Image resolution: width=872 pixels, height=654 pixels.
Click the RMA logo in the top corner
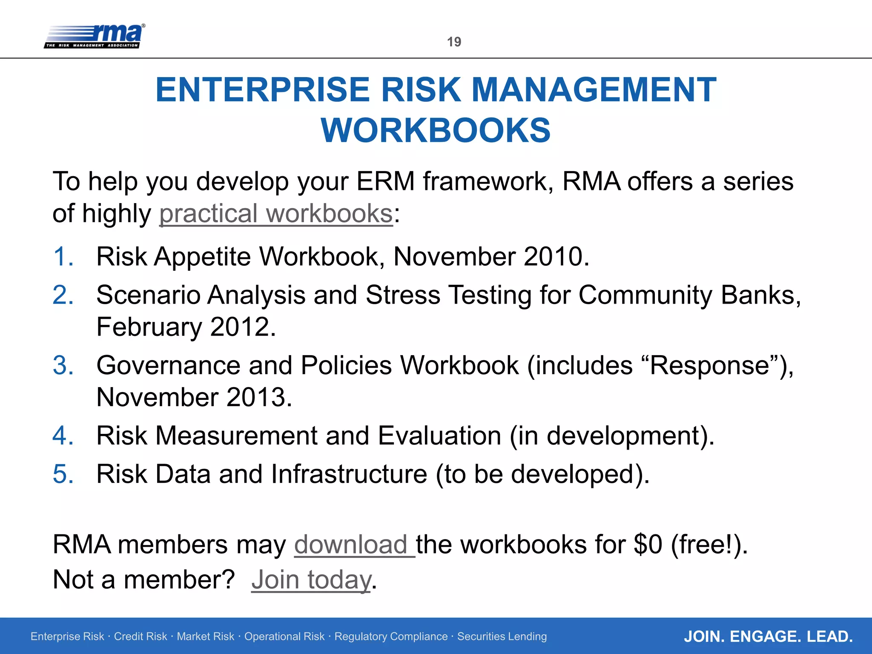click(95, 36)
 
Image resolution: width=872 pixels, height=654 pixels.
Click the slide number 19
click(454, 42)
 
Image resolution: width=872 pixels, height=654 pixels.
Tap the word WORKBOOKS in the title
click(436, 130)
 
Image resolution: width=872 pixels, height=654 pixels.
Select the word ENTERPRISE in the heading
click(263, 90)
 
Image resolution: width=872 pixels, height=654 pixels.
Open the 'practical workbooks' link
click(276, 213)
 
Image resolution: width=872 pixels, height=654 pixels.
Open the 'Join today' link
click(311, 580)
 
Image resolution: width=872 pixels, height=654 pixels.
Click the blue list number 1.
click(63, 257)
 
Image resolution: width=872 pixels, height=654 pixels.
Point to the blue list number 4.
click(63, 436)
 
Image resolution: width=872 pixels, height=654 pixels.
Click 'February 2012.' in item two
click(186, 327)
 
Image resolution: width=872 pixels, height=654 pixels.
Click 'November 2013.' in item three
click(194, 397)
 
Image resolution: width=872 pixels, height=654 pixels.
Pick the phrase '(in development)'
click(612, 436)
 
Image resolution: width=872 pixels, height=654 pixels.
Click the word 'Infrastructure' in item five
click(349, 474)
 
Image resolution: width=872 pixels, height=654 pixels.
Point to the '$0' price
click(648, 545)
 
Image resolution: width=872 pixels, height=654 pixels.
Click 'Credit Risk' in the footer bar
click(141, 637)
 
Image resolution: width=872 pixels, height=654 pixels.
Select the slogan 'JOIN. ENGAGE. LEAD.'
click(768, 637)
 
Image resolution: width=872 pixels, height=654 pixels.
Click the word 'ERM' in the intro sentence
click(385, 181)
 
